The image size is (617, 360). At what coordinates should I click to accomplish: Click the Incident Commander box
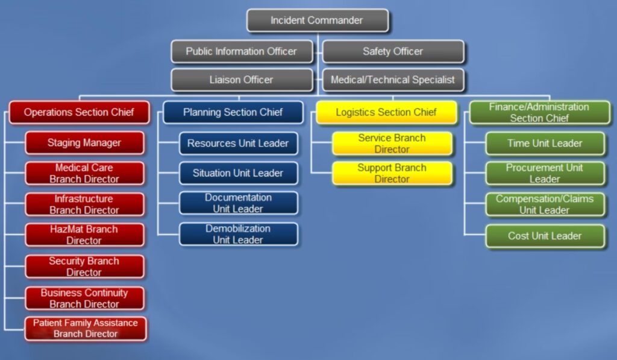pyautogui.click(x=318, y=21)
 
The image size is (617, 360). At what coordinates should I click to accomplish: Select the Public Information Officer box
pyautogui.click(x=242, y=51)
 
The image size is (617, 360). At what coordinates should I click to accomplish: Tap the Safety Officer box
pyautogui.click(x=393, y=51)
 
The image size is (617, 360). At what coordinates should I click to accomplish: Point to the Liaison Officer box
pyautogui.click(x=242, y=80)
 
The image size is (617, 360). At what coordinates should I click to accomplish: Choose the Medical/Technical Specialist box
pyautogui.click(x=393, y=80)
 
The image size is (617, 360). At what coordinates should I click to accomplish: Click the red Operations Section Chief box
pyautogui.click(x=79, y=112)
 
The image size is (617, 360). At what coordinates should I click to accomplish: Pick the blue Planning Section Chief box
pyautogui.click(x=233, y=112)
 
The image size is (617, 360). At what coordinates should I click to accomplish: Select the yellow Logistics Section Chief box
pyautogui.click(x=386, y=112)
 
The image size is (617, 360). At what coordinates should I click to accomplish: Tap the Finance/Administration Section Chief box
pyautogui.click(x=540, y=112)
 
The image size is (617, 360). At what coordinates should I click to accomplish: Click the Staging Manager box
pyautogui.click(x=84, y=142)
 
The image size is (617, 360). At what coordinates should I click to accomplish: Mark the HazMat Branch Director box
pyautogui.click(x=84, y=235)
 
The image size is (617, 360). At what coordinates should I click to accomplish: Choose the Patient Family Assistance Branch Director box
pyautogui.click(x=86, y=329)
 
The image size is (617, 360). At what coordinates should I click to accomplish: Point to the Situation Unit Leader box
pyautogui.click(x=239, y=173)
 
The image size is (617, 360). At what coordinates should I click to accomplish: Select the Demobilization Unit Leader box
pyautogui.click(x=239, y=235)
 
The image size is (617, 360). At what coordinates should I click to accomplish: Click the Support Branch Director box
pyautogui.click(x=392, y=173)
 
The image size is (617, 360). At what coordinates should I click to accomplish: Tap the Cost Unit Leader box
pyautogui.click(x=545, y=236)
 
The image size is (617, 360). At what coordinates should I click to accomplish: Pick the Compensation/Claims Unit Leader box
pyautogui.click(x=545, y=204)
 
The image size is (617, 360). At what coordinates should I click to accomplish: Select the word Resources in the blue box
pyautogui.click(x=205, y=144)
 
